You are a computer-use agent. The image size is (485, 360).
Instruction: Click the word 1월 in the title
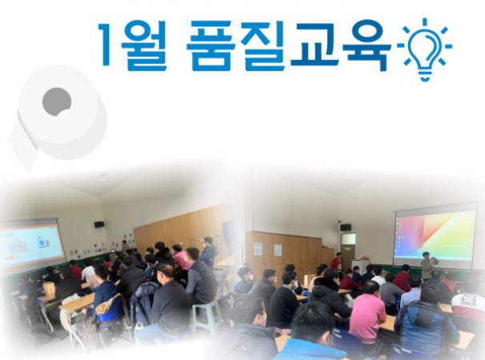point(132,46)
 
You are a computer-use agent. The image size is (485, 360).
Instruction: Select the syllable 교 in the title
point(313,43)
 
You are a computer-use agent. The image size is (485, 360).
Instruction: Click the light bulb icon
point(425,49)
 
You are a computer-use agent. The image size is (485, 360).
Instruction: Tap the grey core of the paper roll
point(57,102)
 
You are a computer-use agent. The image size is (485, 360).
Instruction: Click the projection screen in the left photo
point(31,241)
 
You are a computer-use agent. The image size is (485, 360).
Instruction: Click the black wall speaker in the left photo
point(99,225)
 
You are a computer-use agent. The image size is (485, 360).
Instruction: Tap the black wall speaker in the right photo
point(346,227)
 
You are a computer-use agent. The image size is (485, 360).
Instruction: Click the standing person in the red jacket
point(338,266)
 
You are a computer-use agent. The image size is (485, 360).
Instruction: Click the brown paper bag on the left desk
point(49,290)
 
